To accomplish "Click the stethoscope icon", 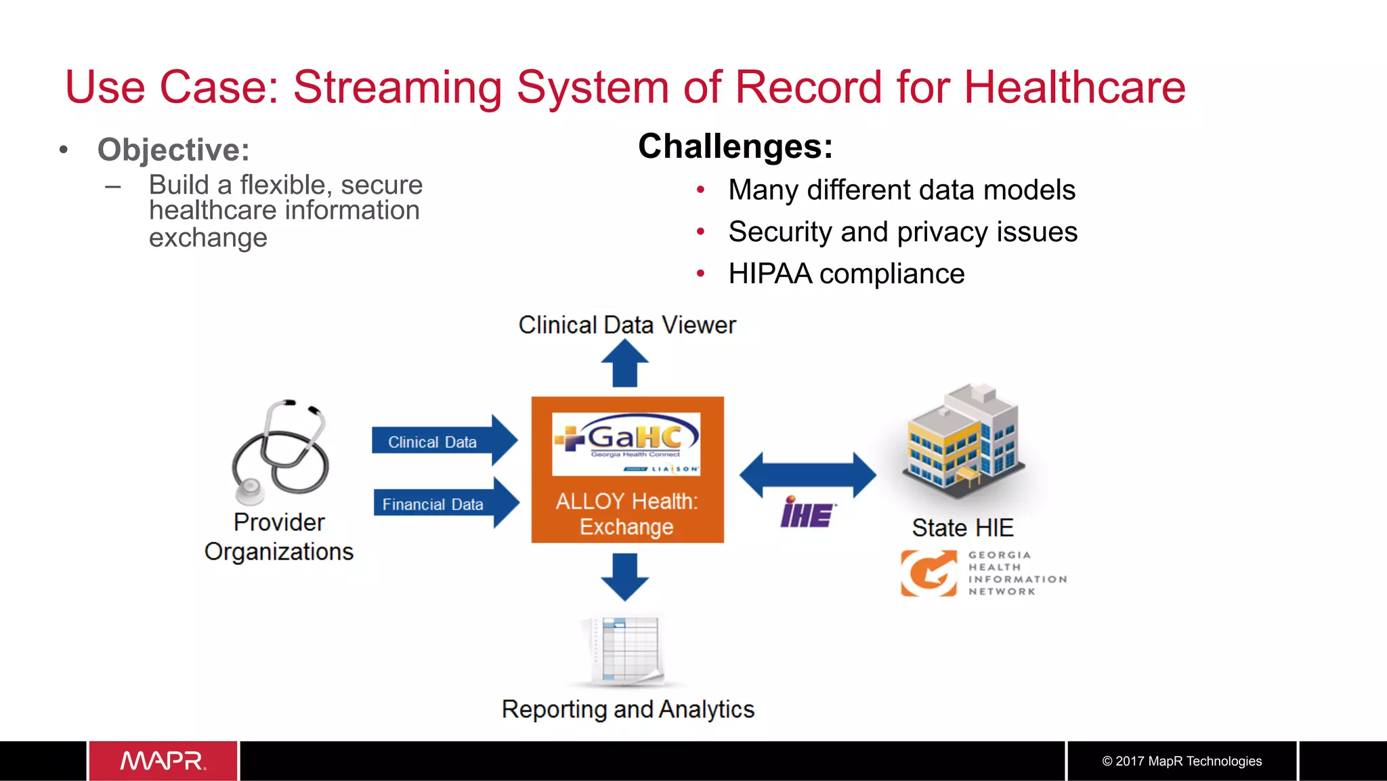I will [280, 451].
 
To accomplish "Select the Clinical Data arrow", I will [444, 441].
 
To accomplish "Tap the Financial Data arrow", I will [446, 503].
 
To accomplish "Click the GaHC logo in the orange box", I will [626, 444].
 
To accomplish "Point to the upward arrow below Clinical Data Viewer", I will [624, 363].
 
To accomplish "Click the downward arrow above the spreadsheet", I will [624, 576].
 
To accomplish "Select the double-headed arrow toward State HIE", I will [807, 475].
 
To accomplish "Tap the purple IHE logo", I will [807, 513].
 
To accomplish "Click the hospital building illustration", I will [963, 441].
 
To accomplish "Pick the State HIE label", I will [962, 528].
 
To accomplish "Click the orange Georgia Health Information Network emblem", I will [929, 573].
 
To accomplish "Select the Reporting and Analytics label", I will [628, 709].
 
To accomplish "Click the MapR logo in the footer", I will [163, 761].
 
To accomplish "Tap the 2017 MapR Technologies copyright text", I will [1182, 761].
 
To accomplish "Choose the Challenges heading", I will [735, 146].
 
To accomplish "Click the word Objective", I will [173, 150].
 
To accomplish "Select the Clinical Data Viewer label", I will [627, 325].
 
